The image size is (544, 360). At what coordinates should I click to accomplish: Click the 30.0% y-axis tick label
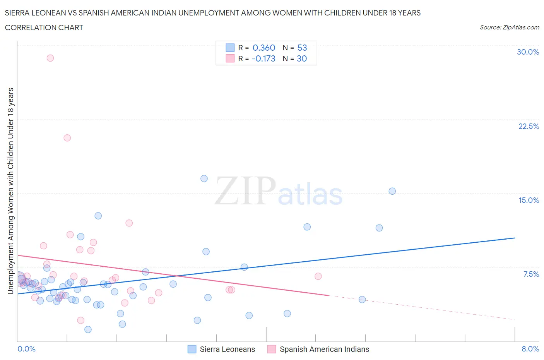pyautogui.click(x=528, y=52)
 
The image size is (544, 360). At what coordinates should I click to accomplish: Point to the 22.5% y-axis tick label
pyautogui.click(x=529, y=126)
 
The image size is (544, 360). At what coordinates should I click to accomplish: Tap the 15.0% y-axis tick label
pyautogui.click(x=529, y=200)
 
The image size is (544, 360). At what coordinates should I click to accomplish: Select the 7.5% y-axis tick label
pyautogui.click(x=531, y=274)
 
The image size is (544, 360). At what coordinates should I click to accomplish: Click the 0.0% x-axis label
pyautogui.click(x=26, y=349)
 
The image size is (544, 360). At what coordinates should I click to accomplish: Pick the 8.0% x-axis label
pyautogui.click(x=530, y=349)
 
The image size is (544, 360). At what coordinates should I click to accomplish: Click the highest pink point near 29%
pyautogui.click(x=50, y=58)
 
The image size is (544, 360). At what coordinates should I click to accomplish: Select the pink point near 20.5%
pyautogui.click(x=67, y=138)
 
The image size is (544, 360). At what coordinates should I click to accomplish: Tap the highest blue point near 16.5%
pyautogui.click(x=204, y=178)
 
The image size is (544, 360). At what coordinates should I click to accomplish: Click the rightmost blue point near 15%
pyautogui.click(x=392, y=191)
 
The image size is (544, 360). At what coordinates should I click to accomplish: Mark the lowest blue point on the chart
pyautogui.click(x=88, y=329)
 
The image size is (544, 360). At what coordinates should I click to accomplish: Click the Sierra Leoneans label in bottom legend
pyautogui.click(x=227, y=349)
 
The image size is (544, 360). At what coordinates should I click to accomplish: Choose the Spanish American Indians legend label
pyautogui.click(x=324, y=349)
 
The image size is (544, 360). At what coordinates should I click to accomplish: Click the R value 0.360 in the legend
pyautogui.click(x=263, y=48)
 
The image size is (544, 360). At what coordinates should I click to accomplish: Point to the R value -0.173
pyautogui.click(x=263, y=58)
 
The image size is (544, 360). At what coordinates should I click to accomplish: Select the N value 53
pyautogui.click(x=302, y=48)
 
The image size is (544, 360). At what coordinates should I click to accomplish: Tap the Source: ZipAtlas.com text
pyautogui.click(x=509, y=27)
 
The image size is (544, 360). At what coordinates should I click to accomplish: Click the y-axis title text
pyautogui.click(x=10, y=191)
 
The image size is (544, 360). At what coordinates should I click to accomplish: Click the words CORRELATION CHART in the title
pyautogui.click(x=44, y=27)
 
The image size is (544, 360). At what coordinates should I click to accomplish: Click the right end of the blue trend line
pyautogui.click(x=515, y=238)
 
